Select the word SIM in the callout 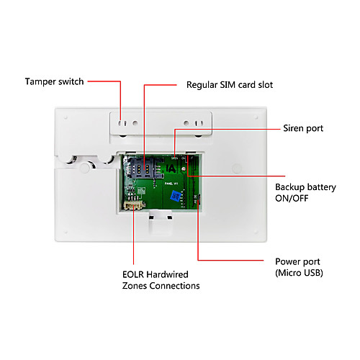click(x=228, y=85)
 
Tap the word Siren click(x=293, y=128)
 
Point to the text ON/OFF click(x=292, y=198)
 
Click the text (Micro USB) click(x=299, y=273)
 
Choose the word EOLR click(x=133, y=274)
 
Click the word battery click(x=322, y=187)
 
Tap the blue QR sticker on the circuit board click(x=176, y=196)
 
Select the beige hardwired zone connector click(x=133, y=205)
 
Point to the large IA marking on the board click(x=171, y=168)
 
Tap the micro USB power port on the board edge click(x=199, y=199)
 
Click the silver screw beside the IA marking click(x=184, y=169)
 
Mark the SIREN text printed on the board click(x=175, y=158)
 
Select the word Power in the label click(x=287, y=261)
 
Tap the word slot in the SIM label click(x=266, y=85)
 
